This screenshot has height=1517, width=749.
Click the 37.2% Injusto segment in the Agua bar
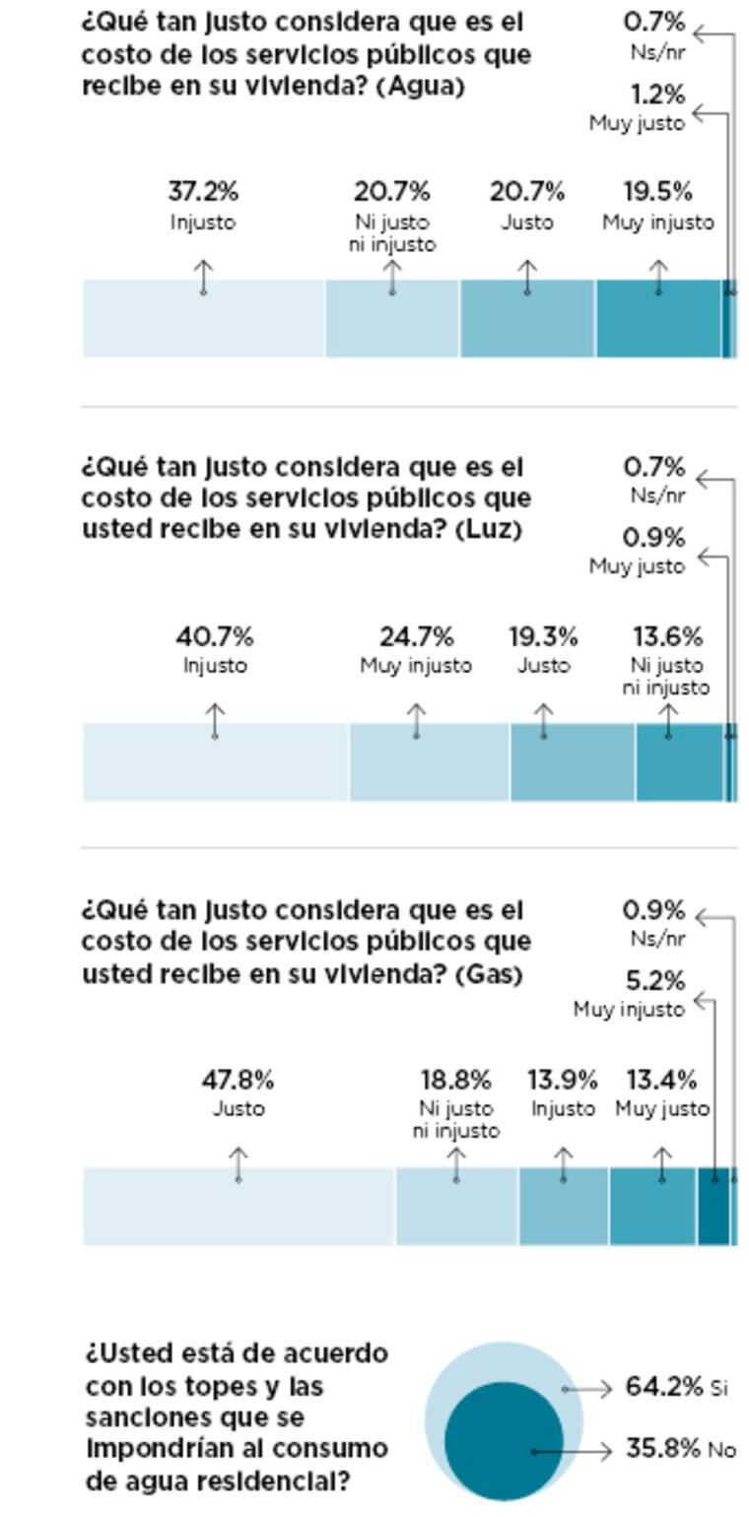204,318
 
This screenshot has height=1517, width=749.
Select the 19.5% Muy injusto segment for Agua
658,318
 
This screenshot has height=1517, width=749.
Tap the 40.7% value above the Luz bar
215,636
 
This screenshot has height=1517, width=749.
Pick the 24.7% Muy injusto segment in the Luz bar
429,761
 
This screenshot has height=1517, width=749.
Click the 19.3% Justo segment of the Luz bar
572,761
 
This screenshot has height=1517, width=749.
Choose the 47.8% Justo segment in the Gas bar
238,1206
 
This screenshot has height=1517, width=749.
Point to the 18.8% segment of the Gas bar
456,1206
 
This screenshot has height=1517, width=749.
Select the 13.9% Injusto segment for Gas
564,1206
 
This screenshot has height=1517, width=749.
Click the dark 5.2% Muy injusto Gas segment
714,1206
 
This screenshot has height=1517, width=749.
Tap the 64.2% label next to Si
663,1387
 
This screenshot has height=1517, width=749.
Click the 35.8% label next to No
662,1449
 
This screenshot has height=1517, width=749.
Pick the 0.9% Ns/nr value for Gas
654,910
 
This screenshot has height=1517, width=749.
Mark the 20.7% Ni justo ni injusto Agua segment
392,318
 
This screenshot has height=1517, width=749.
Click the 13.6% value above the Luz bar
667,636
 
